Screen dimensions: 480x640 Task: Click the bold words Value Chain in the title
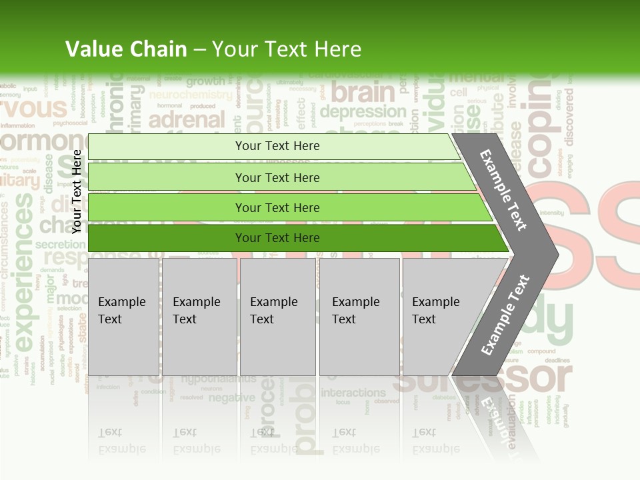pyautogui.click(x=126, y=49)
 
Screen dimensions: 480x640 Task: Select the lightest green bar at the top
pyautogui.click(x=273, y=146)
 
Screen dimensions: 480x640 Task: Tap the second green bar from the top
pyautogui.click(x=280, y=177)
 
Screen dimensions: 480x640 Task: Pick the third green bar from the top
pyautogui.click(x=287, y=207)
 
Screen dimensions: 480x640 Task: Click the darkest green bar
pyautogui.click(x=293, y=238)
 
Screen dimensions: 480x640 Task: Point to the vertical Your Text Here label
pyautogui.click(x=77, y=191)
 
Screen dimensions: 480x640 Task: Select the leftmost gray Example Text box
pyautogui.click(x=123, y=316)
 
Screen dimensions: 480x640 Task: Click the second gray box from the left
pyautogui.click(x=199, y=316)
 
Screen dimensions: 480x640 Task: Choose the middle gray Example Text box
pyautogui.click(x=277, y=316)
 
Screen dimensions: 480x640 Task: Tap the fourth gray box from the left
pyautogui.click(x=359, y=316)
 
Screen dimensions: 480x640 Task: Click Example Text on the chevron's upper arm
pyautogui.click(x=503, y=190)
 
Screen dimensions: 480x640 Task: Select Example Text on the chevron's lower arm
pyautogui.click(x=505, y=315)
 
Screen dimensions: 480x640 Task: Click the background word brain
pyautogui.click(x=363, y=92)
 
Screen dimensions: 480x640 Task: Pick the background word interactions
pyautogui.click(x=353, y=393)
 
